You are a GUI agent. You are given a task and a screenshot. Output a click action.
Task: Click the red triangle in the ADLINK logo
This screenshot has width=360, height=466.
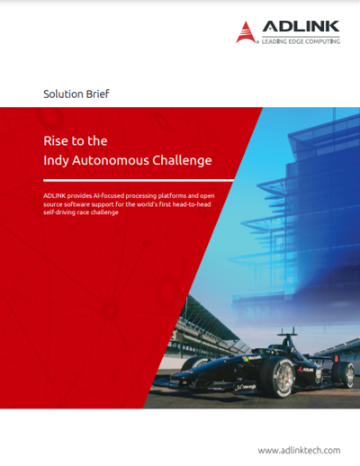[x=246, y=32]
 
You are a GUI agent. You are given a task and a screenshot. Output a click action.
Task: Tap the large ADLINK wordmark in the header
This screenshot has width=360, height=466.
[x=301, y=26]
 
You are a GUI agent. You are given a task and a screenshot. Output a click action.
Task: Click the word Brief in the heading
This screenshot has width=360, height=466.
[x=98, y=94]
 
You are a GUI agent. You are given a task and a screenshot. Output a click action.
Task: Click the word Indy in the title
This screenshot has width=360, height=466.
[x=56, y=161]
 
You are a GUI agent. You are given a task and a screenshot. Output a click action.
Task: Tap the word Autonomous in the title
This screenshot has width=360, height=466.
[x=111, y=160]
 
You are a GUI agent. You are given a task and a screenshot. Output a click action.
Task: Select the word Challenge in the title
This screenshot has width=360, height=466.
[x=182, y=161]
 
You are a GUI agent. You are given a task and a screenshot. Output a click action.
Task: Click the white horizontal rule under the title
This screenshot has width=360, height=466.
[x=139, y=181]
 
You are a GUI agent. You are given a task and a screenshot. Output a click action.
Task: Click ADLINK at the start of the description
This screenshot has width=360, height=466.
[x=55, y=196]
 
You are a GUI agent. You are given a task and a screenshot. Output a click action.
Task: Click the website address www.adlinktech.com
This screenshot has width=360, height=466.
[x=299, y=451]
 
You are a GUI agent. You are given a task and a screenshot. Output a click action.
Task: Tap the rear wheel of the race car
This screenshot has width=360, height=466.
[x=345, y=374]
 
